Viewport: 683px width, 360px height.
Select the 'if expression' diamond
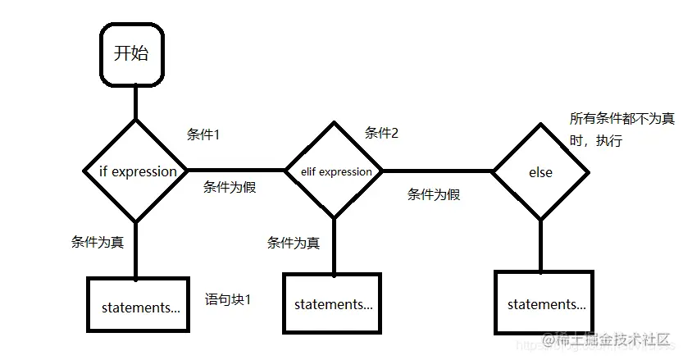click(x=136, y=171)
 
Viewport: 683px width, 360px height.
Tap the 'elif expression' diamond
click(x=333, y=171)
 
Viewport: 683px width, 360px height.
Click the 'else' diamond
click(x=540, y=172)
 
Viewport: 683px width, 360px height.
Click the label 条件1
click(x=203, y=134)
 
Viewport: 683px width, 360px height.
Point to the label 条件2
click(x=381, y=133)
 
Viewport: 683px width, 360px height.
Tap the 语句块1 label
click(x=227, y=299)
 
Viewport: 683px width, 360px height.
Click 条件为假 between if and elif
click(x=230, y=187)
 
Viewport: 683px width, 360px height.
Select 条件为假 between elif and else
click(x=434, y=195)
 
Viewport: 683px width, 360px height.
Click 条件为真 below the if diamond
click(x=98, y=242)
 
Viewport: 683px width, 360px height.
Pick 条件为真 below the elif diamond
click(x=293, y=243)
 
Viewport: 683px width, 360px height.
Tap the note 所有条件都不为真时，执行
click(x=621, y=130)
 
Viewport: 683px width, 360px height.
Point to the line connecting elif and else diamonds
click(x=437, y=171)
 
